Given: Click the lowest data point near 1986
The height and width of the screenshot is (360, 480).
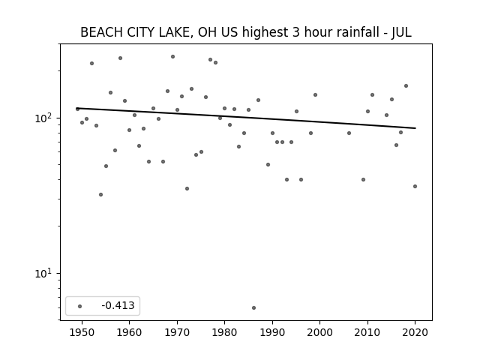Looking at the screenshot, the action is click(x=253, y=307).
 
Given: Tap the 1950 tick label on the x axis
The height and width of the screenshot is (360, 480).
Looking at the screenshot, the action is click(x=82, y=332).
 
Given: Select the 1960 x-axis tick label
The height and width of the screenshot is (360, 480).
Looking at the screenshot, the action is click(x=129, y=332).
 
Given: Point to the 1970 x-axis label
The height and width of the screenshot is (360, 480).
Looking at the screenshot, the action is click(x=177, y=332).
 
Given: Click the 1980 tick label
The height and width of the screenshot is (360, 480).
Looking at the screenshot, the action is click(x=224, y=332).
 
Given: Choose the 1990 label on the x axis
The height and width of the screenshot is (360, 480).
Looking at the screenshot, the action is click(x=272, y=332).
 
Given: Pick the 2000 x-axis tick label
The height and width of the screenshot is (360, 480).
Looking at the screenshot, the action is click(x=319, y=332).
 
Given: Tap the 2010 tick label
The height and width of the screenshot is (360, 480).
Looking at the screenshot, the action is click(x=367, y=332).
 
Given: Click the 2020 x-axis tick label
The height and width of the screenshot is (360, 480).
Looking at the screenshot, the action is click(x=415, y=332).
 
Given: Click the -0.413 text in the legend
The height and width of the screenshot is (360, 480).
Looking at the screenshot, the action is click(x=118, y=305).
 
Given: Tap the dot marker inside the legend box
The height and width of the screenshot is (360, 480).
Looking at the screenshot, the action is click(x=79, y=306).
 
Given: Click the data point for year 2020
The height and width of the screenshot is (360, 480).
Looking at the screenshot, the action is click(x=415, y=186).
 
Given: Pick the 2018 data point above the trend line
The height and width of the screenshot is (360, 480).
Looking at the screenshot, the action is click(x=406, y=85).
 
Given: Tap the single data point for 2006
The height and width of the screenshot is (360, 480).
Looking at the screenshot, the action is click(x=349, y=133).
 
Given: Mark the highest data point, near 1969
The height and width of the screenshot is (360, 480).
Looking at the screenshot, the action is click(x=172, y=57).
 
